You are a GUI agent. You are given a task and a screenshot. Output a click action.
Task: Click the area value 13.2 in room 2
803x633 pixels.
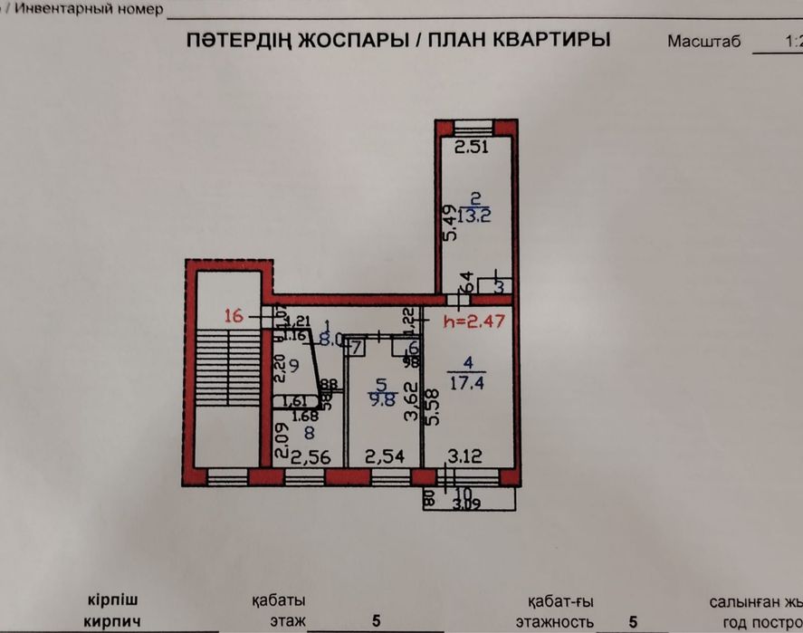click(x=475, y=216)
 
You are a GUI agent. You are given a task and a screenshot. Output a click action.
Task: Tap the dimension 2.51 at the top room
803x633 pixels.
click(x=472, y=148)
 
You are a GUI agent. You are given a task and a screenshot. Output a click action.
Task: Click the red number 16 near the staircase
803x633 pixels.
click(x=234, y=316)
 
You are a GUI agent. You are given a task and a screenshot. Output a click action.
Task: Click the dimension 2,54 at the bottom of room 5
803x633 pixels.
click(x=380, y=456)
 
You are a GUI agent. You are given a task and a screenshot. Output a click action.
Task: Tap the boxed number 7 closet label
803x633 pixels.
click(x=355, y=346)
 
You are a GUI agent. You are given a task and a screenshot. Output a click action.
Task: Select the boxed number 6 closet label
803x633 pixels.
click(x=412, y=347)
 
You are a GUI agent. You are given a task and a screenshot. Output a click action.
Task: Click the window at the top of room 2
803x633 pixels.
click(x=474, y=126)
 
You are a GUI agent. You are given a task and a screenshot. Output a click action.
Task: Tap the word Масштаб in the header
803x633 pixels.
click(x=703, y=41)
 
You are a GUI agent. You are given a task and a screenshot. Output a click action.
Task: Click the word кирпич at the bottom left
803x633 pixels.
click(x=111, y=621)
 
